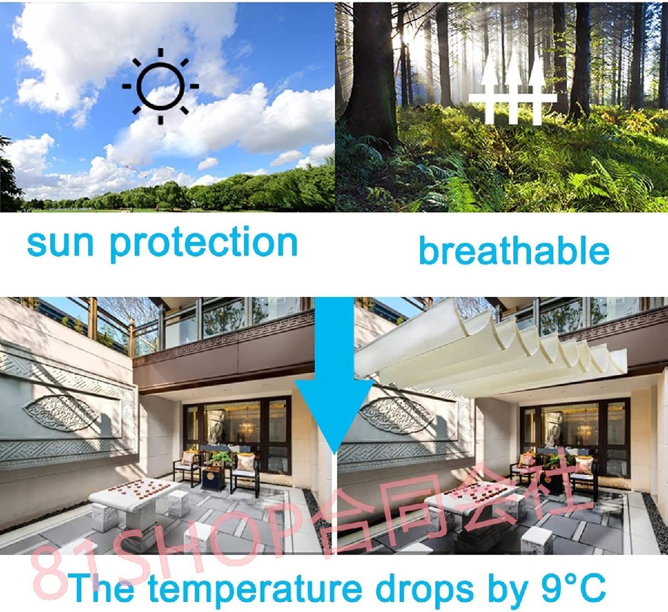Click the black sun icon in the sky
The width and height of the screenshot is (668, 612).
click(x=160, y=86)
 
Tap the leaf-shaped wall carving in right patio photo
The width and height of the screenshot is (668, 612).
click(x=396, y=414)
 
